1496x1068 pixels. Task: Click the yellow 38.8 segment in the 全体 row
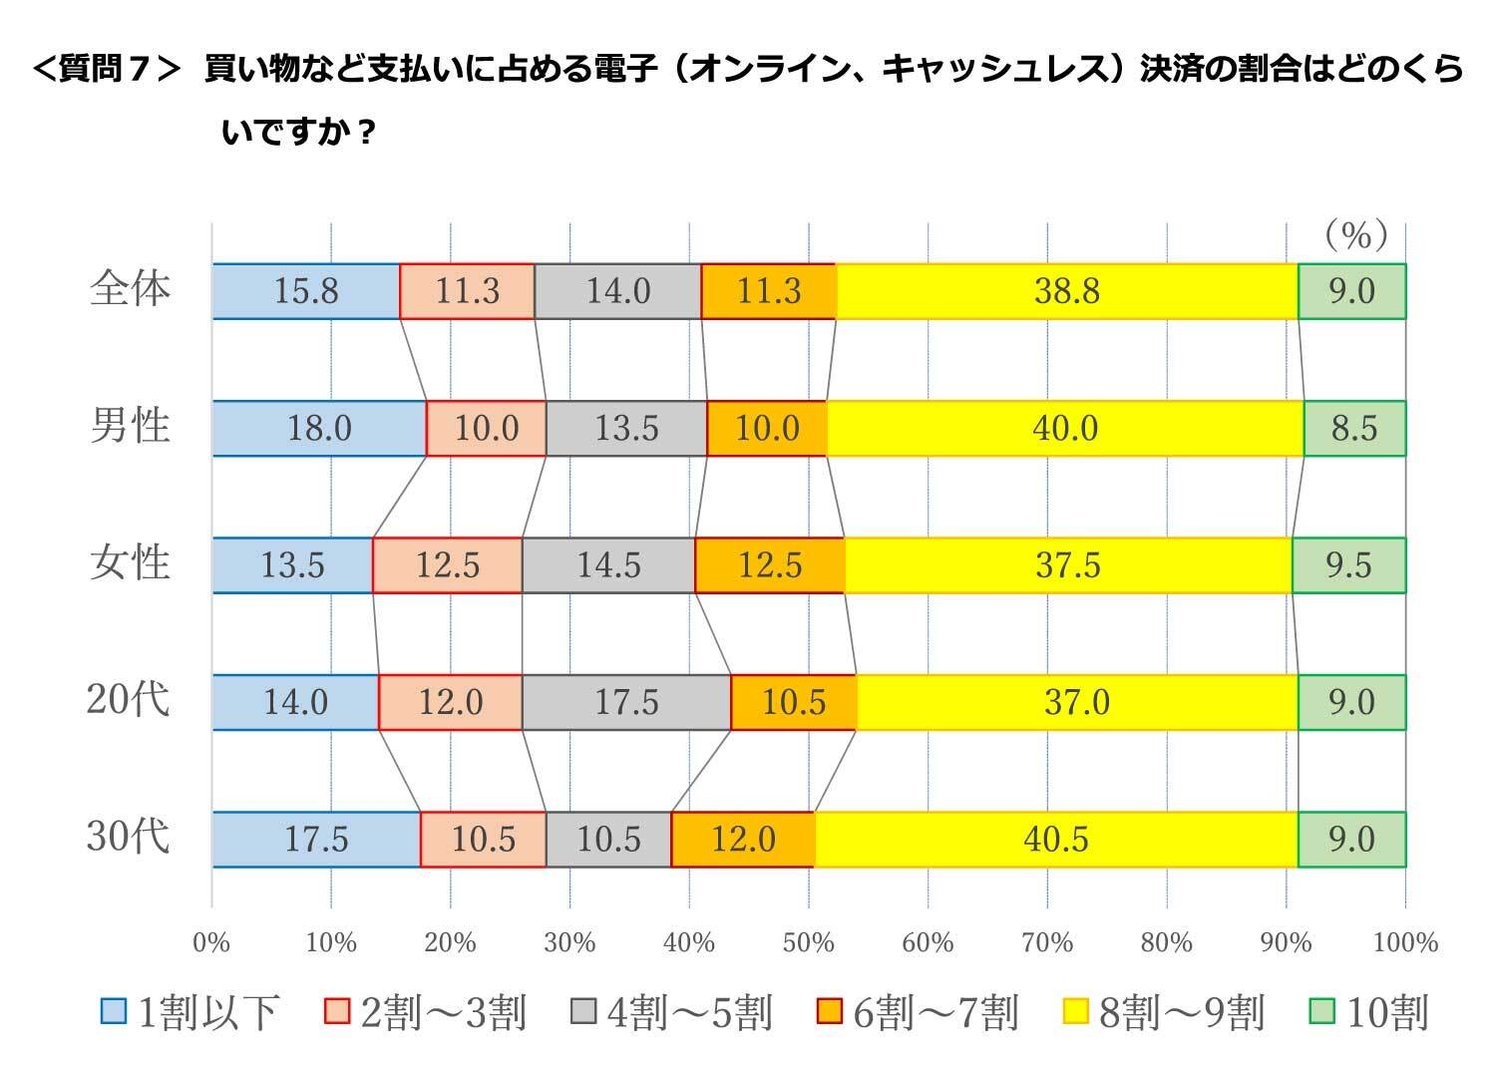coord(1066,291)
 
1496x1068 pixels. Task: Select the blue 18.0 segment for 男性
coord(319,429)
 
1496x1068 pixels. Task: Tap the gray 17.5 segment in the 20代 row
coord(626,702)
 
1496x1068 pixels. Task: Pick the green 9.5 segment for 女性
coord(1348,565)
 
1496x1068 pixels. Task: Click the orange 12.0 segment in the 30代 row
coord(743,840)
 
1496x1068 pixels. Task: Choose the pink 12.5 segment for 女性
coord(447,565)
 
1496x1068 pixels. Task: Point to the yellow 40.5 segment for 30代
coord(1055,840)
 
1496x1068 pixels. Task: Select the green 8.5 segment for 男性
coord(1353,429)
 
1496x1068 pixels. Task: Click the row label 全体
coord(130,289)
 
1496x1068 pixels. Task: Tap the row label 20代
coord(128,700)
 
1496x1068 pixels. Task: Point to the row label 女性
coord(130,563)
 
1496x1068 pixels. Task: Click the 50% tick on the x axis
coord(808,942)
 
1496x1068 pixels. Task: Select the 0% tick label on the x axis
coord(211,942)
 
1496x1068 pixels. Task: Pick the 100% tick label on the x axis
coord(1405,942)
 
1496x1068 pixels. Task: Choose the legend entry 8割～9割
coord(1163,1013)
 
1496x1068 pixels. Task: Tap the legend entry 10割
coord(1369,1013)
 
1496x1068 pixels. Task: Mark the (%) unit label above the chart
coord(1355,235)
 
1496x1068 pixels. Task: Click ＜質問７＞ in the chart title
coord(107,70)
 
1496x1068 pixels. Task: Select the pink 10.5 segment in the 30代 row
coord(483,840)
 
